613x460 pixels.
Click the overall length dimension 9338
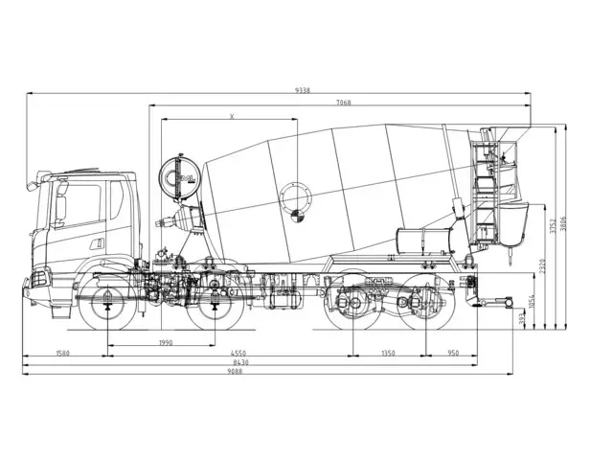coord(302,90)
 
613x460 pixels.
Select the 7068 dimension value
coord(342,103)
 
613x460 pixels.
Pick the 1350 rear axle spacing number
coord(388,353)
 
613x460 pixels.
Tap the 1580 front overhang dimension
coord(64,353)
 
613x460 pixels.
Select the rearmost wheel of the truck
coord(420,305)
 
